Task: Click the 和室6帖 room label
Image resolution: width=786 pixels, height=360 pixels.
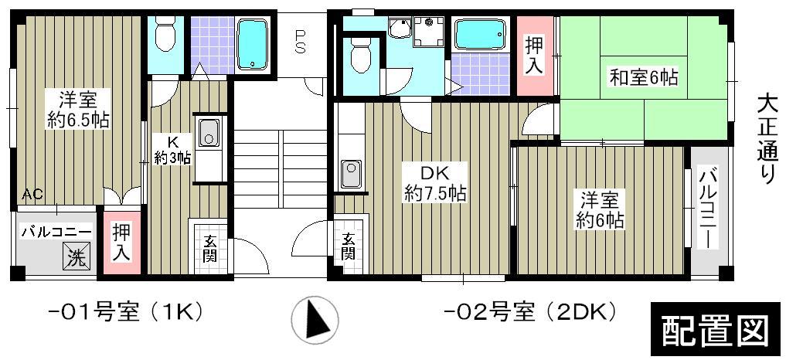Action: point(644,77)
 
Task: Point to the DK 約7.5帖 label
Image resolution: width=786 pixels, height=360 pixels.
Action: point(434,183)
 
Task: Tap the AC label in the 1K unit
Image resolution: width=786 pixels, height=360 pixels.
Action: point(32,194)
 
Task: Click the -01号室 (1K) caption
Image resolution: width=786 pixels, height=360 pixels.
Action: point(124,313)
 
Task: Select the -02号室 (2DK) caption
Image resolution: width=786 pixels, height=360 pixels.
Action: point(529,313)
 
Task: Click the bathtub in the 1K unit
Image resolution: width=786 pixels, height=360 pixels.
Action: point(253,45)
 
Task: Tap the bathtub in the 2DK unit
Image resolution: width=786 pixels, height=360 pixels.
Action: point(479,35)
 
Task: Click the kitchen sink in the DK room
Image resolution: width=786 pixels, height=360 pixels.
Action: point(351,173)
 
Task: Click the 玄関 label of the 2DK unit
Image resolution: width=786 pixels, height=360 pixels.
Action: point(349,246)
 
